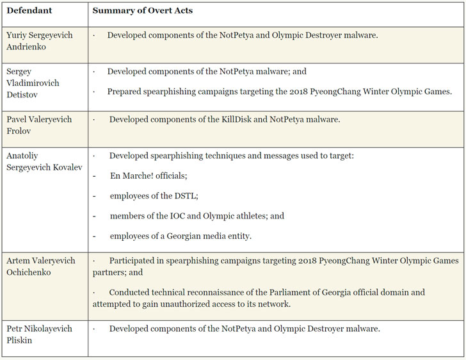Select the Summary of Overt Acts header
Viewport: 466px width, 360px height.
click(142, 11)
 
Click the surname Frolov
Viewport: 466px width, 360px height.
click(19, 131)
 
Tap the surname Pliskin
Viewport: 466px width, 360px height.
click(19, 341)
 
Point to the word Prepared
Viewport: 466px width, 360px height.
click(125, 91)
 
